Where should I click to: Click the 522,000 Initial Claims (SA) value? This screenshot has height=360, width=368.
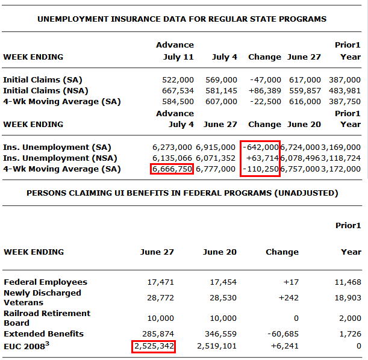pos(178,79)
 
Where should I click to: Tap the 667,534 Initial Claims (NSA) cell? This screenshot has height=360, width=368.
pos(178,90)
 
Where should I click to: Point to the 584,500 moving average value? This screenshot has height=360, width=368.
pos(178,101)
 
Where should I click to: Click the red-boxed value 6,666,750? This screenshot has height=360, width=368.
pos(172,169)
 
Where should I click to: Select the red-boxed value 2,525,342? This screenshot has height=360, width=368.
pos(153,346)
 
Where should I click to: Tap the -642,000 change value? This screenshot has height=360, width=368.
pos(260,147)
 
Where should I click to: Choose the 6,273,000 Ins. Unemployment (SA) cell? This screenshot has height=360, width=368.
pos(172,147)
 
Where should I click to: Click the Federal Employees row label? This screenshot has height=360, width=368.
pos(45,282)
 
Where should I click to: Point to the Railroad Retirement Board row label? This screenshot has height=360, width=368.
pos(47,318)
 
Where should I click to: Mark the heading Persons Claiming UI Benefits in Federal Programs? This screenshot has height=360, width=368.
pos(182,193)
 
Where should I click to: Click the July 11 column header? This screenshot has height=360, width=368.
pos(178,57)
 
